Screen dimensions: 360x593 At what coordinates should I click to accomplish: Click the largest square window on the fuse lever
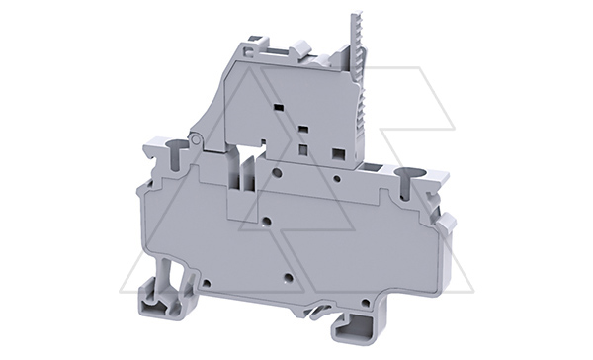[338, 153]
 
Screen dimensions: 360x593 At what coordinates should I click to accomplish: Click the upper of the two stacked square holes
[304, 130]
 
